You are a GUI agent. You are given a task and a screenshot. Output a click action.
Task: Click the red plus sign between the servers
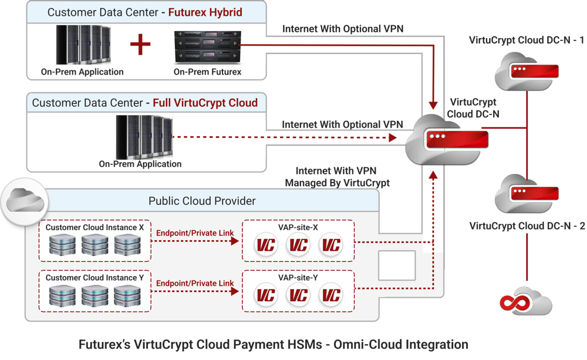(x=140, y=44)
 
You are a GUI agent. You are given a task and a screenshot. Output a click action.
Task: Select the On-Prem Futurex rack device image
(x=207, y=47)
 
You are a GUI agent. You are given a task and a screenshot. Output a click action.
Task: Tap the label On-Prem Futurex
(x=207, y=72)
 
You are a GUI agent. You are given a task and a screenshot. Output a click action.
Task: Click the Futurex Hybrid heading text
(x=205, y=12)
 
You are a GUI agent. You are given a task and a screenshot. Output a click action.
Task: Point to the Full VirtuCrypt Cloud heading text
(x=205, y=103)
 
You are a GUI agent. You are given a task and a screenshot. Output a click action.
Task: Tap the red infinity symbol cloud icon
(x=525, y=301)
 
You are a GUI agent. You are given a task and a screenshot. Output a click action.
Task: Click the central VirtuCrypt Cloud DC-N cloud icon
(x=445, y=139)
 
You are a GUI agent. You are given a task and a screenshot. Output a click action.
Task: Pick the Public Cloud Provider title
(x=202, y=201)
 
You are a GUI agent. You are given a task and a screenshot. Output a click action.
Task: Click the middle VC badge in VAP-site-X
(x=298, y=245)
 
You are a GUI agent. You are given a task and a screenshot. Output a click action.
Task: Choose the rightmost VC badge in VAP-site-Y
(x=331, y=295)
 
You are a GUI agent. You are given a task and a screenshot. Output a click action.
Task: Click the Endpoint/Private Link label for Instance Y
(x=195, y=283)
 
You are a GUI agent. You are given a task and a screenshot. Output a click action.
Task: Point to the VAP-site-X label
(x=299, y=227)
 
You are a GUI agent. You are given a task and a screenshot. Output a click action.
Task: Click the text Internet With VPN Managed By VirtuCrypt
(x=337, y=177)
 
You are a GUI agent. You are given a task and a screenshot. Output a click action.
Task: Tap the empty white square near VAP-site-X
(x=397, y=265)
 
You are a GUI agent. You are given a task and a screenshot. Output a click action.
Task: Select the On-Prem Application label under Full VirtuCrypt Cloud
(x=140, y=164)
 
